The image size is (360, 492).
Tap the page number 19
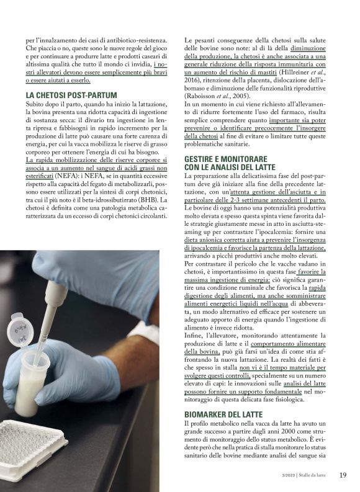click(342, 475)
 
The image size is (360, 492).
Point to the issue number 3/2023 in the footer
click(284, 476)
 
